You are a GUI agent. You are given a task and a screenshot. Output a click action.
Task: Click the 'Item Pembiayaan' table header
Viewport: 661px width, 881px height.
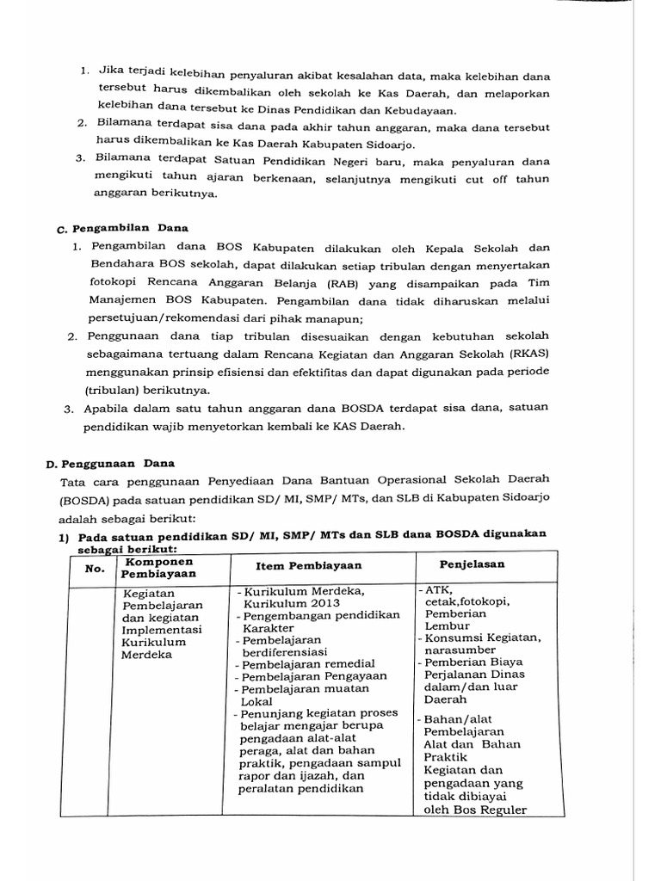(309, 565)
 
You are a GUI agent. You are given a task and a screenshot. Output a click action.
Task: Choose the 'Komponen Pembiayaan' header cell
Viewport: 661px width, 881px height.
(159, 568)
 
